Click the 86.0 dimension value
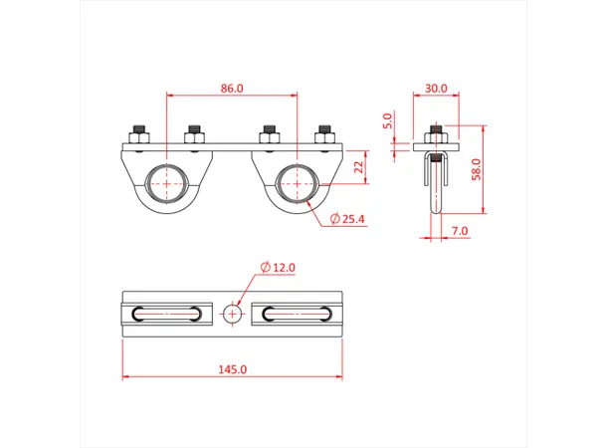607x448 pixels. pos(231,89)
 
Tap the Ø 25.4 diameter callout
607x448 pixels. pos(348,218)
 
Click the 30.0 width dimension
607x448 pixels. pos(435,89)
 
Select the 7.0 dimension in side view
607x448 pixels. pos(458,231)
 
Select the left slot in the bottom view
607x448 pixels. pos(166,314)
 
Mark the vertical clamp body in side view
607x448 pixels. pos(435,189)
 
